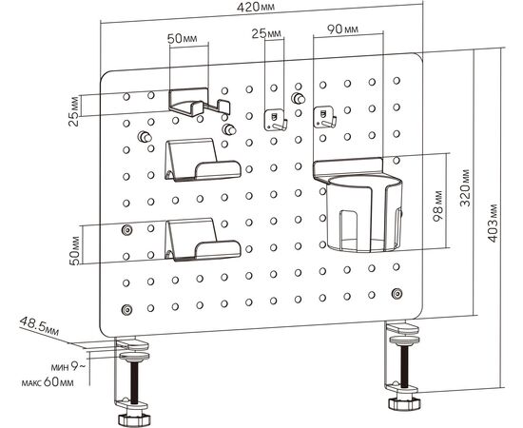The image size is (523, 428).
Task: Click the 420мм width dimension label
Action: coord(256,8)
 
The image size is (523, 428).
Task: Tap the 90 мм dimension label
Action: coord(342,29)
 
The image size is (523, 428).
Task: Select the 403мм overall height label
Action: coord(493,224)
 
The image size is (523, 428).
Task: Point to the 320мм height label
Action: coord(465,187)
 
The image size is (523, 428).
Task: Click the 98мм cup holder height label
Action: coord(437,205)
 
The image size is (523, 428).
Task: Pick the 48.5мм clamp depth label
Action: coord(39,326)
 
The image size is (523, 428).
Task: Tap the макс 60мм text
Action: coord(48,382)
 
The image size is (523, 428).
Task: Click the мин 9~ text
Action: coord(68,367)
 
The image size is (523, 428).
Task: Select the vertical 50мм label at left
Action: coord(75,250)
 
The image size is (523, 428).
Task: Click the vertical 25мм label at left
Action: coord(75,111)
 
